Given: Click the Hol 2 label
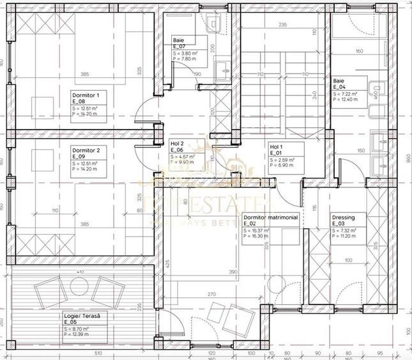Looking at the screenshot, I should point(177,145).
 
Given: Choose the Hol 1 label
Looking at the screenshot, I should point(275,147).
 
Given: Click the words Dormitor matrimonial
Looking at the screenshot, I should point(271,217).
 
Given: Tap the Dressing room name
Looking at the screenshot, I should point(342,217).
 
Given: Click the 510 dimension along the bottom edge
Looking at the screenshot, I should point(80,352).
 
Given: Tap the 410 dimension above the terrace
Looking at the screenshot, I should point(79,274).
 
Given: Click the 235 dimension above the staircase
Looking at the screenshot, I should point(282,25).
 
